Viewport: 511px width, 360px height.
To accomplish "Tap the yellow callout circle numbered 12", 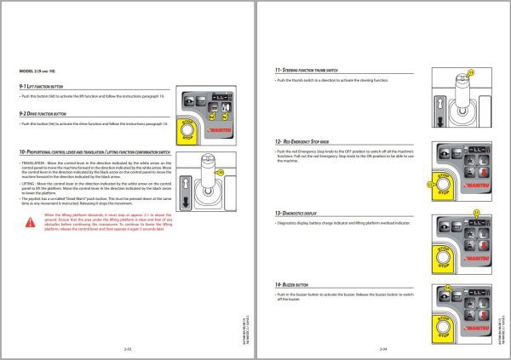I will pos(429,182).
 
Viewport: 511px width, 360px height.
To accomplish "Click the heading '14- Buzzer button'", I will pos(295,283).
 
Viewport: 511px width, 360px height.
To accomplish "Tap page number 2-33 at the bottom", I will pos(128,349).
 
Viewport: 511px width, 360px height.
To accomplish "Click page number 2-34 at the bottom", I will pos(382,349).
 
